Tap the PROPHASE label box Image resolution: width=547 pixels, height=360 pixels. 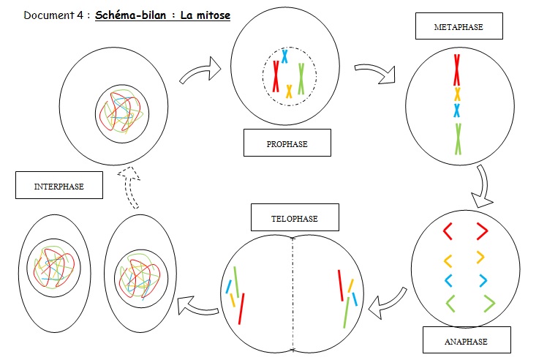[x=287, y=143]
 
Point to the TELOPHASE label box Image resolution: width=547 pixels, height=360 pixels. [x=294, y=217]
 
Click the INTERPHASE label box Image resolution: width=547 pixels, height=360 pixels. [x=59, y=186]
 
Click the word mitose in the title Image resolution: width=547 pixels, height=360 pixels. [x=208, y=15]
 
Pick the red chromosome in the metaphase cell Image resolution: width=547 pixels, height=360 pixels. [x=456, y=70]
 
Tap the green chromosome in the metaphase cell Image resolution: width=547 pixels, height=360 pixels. [x=458, y=139]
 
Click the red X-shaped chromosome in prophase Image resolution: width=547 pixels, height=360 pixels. [x=276, y=76]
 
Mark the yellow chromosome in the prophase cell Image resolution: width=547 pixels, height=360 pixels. [x=289, y=91]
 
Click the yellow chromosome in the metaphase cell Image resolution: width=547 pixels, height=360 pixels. [x=457, y=94]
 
